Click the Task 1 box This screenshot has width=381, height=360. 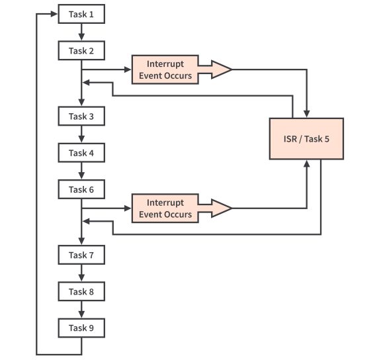coord(81,14)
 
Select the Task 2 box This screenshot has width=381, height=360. coord(81,50)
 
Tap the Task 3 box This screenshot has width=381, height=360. coord(81,116)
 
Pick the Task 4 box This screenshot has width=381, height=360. coord(81,153)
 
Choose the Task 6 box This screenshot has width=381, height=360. coord(81,189)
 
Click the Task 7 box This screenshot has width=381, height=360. coord(81,255)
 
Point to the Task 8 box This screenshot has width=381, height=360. coord(81,291)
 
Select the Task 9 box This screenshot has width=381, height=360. coord(81,328)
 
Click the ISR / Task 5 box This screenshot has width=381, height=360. coord(306,138)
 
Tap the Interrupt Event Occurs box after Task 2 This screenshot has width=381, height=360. coord(169,69)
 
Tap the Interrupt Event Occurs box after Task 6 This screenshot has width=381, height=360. coord(169,208)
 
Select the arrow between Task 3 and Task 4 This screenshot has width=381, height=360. coord(81,135)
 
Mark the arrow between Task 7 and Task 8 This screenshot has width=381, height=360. coord(81,273)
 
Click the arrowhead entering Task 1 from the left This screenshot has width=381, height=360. coord(55,14)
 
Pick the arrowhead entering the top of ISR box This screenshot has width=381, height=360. coord(307,113)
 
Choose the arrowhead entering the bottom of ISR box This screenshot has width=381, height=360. coord(307,163)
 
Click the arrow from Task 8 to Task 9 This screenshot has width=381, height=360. coord(81,310)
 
